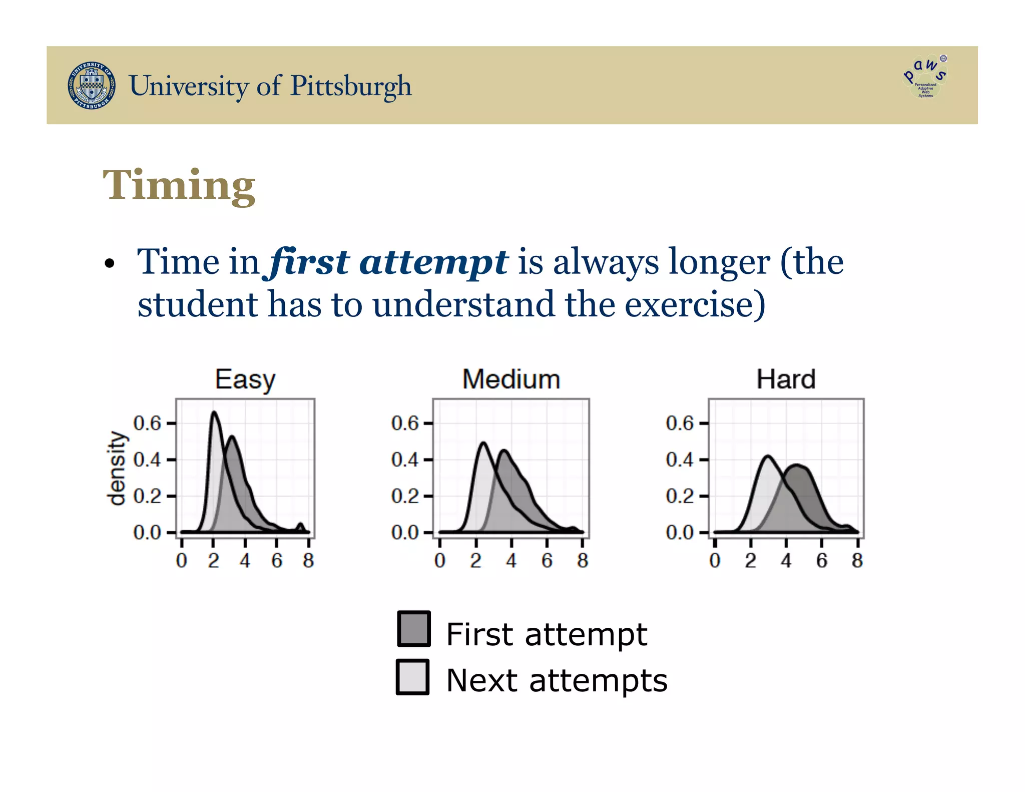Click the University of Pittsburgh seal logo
pos(92,86)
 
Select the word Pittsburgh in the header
pos(351,86)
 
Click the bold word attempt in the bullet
pos(433,262)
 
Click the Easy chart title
pos(245,379)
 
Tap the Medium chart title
pos(511,379)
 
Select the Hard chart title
pos(786,379)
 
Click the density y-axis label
pos(117,468)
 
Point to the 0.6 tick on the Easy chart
pos(147,424)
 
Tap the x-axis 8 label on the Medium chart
pos(582,561)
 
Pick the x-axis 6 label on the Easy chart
pos(277,561)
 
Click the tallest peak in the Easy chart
pos(214,413)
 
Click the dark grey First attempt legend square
pos(414,629)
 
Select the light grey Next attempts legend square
pos(413,677)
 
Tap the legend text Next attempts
pos(557,681)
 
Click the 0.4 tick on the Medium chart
pos(404,460)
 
